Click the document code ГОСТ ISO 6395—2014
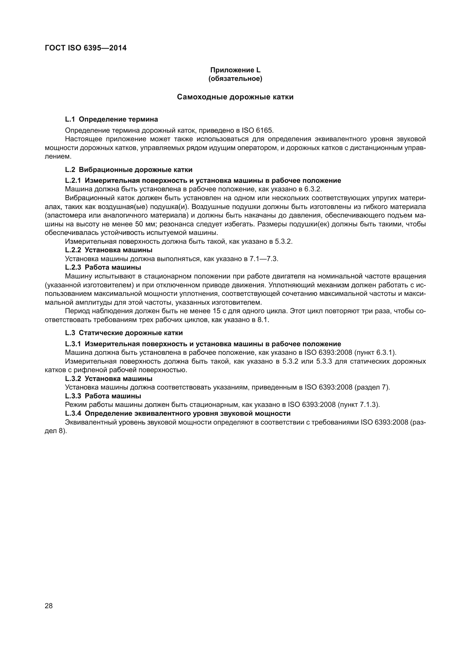click(x=86, y=48)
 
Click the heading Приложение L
click(x=235, y=70)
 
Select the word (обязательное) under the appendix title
click(x=235, y=79)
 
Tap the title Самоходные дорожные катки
click(x=235, y=97)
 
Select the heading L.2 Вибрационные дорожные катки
click(x=128, y=170)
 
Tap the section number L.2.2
click(x=73, y=250)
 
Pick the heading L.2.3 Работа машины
click(x=103, y=267)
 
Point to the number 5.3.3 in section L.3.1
click(x=323, y=361)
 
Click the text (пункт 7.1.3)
click(x=359, y=405)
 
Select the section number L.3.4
click(x=73, y=413)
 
